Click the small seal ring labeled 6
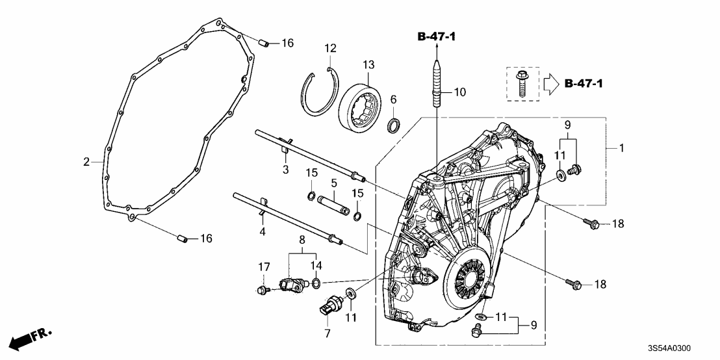pyautogui.click(x=394, y=125)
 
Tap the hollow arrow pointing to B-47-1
pyautogui.click(x=550, y=83)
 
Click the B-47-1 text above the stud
pyautogui.click(x=437, y=38)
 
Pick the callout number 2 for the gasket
pyautogui.click(x=86, y=162)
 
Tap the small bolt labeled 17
pyautogui.click(x=263, y=289)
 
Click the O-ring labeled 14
pyautogui.click(x=316, y=282)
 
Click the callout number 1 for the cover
pyautogui.click(x=623, y=149)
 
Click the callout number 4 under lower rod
pyautogui.click(x=263, y=231)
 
